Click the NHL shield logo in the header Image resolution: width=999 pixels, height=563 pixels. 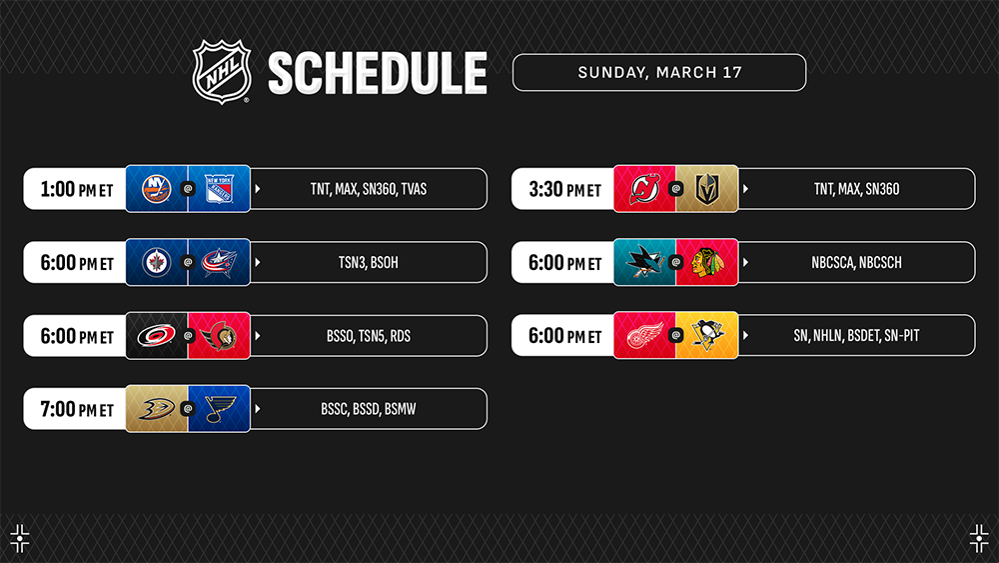(x=222, y=71)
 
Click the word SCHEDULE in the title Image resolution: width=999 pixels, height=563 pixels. (x=378, y=73)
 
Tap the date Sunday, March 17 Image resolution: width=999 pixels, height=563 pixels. (x=659, y=73)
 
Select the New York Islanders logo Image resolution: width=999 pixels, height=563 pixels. (x=156, y=189)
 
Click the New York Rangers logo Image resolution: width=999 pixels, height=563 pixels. (x=219, y=189)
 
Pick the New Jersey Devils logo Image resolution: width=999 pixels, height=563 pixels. (x=644, y=189)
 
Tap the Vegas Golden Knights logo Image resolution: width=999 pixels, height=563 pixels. (x=707, y=189)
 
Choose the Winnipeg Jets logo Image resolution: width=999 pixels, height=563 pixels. (x=156, y=262)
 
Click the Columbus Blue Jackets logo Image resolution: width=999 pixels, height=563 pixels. (x=219, y=262)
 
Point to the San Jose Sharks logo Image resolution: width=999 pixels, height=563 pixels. (x=644, y=262)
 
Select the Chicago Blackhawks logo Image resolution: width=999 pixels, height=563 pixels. (x=707, y=262)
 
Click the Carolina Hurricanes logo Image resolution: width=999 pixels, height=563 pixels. (x=156, y=335)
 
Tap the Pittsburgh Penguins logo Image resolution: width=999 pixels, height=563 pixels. (x=707, y=335)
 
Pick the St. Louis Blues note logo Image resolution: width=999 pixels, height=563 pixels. (x=220, y=409)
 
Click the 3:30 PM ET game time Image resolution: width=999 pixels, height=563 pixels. (x=565, y=189)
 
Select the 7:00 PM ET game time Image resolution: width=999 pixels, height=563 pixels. (x=77, y=409)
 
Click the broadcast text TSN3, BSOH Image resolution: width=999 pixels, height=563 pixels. (x=369, y=262)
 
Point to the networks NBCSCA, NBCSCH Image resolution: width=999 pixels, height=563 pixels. (x=856, y=262)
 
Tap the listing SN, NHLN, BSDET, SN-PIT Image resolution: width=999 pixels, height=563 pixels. (x=856, y=335)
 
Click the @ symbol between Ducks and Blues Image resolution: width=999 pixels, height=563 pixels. (x=188, y=409)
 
